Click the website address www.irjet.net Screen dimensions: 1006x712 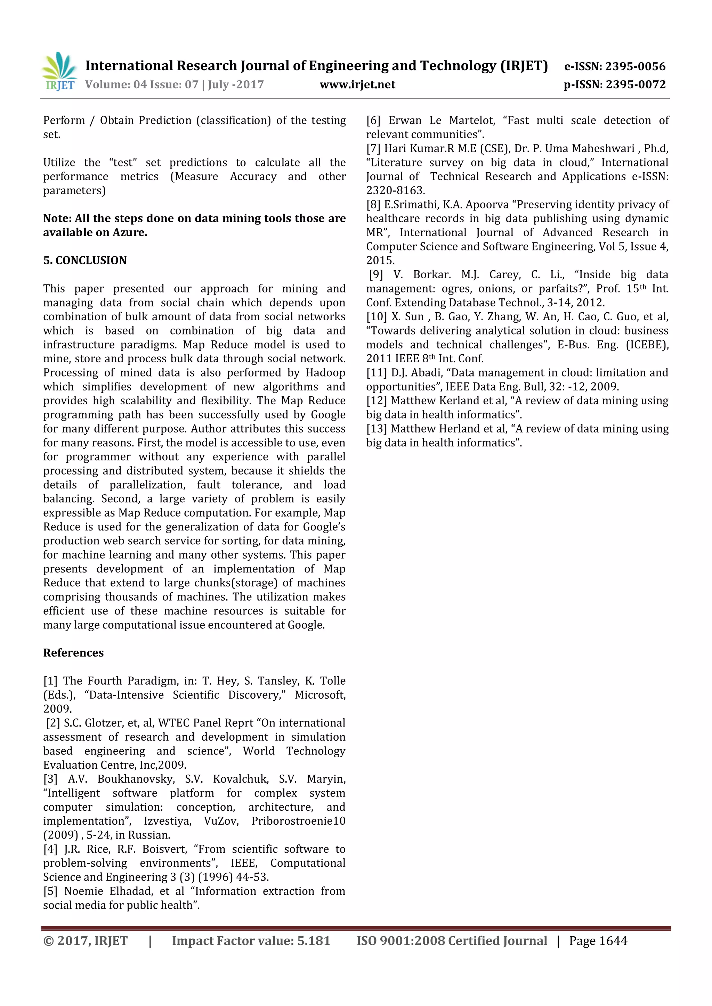(357, 84)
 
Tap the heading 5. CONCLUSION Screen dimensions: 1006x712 (84, 260)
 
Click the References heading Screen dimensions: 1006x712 (73, 653)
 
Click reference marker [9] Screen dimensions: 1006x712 (376, 275)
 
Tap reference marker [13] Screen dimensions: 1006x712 (377, 429)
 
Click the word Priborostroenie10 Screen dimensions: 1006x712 (298, 821)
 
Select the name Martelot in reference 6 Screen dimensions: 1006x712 (472, 121)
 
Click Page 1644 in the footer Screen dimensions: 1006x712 (598, 941)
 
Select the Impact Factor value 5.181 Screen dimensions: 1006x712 (314, 941)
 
